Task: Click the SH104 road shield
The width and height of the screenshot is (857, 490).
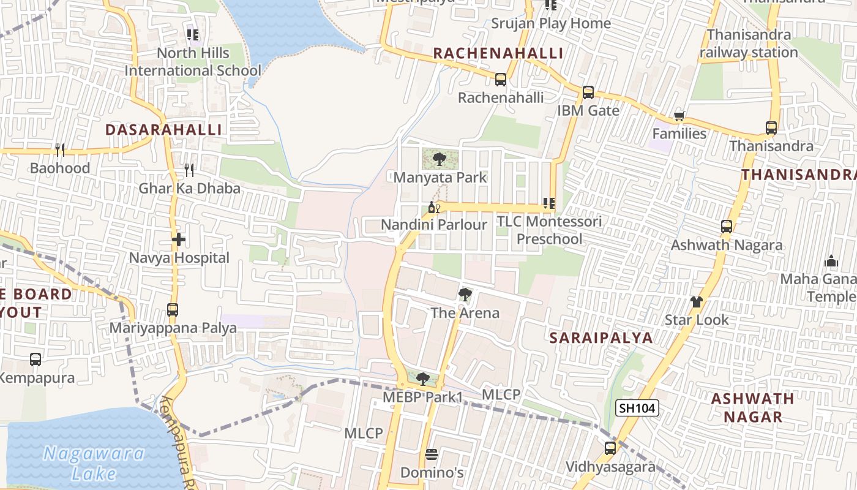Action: coord(637,408)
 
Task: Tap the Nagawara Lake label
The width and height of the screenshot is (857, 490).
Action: coord(94,463)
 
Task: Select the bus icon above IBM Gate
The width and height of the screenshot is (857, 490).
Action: coord(588,92)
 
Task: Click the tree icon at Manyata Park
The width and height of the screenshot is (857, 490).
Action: coord(439,160)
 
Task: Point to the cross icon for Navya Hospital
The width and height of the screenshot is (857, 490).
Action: coord(178,239)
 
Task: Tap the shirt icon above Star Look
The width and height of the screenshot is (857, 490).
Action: coord(697,301)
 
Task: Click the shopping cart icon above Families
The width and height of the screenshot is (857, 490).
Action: coord(678,116)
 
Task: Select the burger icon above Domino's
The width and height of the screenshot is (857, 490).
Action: coord(432,454)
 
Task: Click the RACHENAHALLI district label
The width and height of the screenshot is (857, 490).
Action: coord(498,53)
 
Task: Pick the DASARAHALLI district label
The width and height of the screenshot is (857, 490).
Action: coord(163,130)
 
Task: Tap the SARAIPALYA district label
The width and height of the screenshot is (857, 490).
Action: coord(601,338)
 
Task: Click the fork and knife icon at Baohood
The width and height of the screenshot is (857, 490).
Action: coord(60,149)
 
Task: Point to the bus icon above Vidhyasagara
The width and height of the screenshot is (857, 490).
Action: coord(610,448)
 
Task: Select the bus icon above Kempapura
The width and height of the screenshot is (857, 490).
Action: coord(36,360)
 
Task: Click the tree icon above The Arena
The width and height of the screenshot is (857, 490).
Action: coord(465,295)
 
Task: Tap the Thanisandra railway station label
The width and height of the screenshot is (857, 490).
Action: coord(749,43)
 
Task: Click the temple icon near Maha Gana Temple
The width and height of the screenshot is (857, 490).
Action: coord(831,262)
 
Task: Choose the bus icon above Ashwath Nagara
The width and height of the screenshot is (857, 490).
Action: coord(727,227)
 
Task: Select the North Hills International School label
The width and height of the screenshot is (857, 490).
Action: coord(193,62)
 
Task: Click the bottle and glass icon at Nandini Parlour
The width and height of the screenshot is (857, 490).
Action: coord(434,207)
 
